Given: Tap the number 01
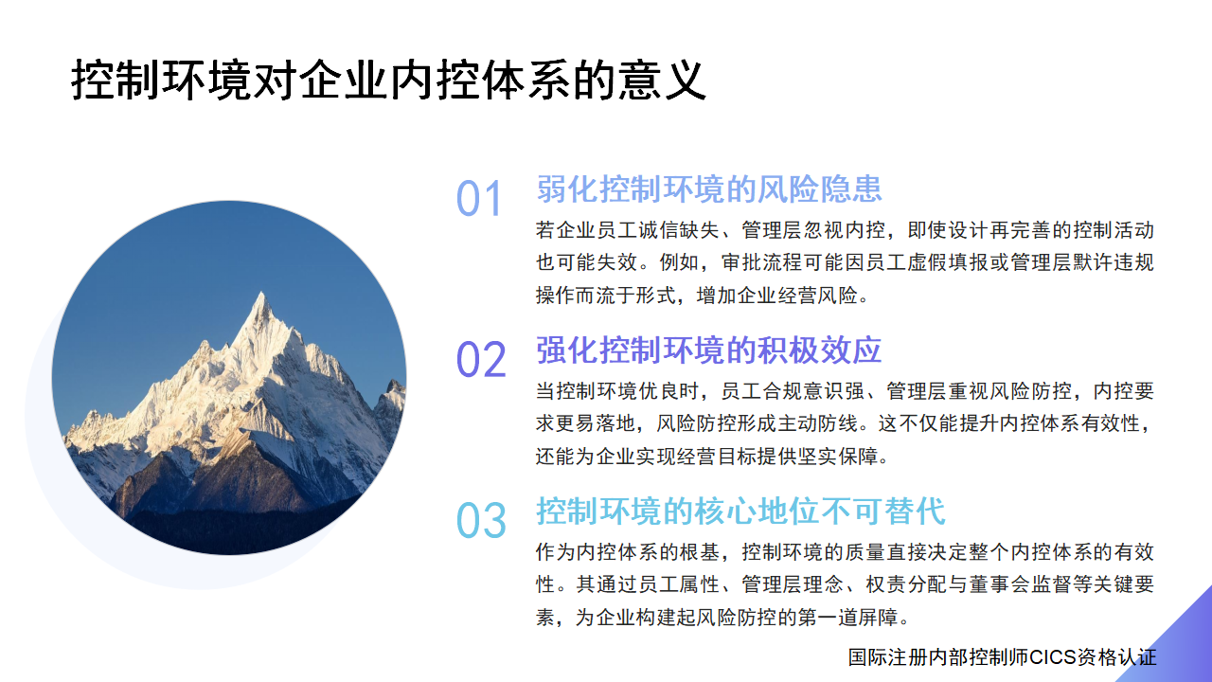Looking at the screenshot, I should coord(480,200).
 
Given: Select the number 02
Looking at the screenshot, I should coord(481,361).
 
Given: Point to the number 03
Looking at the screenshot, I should coord(481,521).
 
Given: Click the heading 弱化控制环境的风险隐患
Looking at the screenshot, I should coord(709,188).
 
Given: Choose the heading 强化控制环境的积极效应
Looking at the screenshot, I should coord(709,350).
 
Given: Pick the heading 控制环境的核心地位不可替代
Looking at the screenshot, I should coord(740,511).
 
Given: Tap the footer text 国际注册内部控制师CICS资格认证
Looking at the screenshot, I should coord(1002,657).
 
